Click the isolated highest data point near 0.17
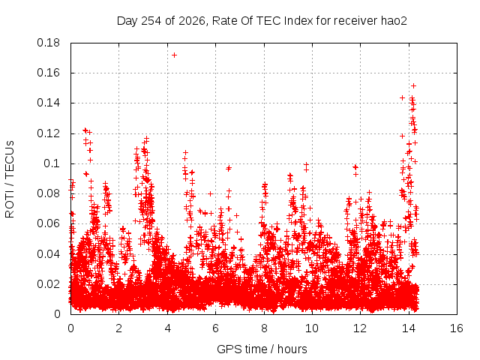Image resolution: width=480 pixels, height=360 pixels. point(175,55)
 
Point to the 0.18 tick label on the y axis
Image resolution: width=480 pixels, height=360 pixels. point(48,43)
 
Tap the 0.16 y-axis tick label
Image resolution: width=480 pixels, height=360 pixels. point(48,73)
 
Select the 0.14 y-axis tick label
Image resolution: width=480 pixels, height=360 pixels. point(48,103)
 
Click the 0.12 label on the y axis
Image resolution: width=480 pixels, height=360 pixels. point(48,133)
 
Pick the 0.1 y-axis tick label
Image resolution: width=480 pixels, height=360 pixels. point(52,163)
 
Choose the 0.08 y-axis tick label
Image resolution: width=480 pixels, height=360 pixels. point(48,193)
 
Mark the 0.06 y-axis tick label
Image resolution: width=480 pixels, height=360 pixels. point(48,223)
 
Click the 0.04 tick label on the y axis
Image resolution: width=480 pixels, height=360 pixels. point(48,253)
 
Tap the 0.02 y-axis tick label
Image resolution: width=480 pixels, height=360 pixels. point(48,284)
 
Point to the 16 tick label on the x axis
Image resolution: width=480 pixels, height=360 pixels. point(457,328)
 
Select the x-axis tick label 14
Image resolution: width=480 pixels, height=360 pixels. point(409,328)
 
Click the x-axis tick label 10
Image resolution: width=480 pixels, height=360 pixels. point(312,328)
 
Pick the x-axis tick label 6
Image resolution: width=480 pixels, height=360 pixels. point(215,328)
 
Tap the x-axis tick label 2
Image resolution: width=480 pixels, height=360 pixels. point(118,328)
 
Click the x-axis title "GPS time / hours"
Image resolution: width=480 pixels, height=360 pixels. point(262,349)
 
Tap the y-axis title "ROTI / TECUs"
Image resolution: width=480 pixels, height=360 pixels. point(10,179)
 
